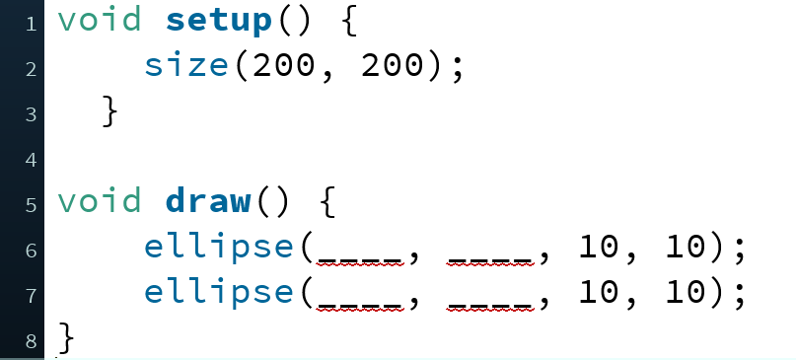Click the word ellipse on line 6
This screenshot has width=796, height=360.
[x=219, y=248]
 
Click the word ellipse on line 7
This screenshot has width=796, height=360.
[x=219, y=293]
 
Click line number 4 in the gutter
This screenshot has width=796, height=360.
[x=30, y=159]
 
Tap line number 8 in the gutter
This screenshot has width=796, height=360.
[x=30, y=342]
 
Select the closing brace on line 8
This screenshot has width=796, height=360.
[x=66, y=339]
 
